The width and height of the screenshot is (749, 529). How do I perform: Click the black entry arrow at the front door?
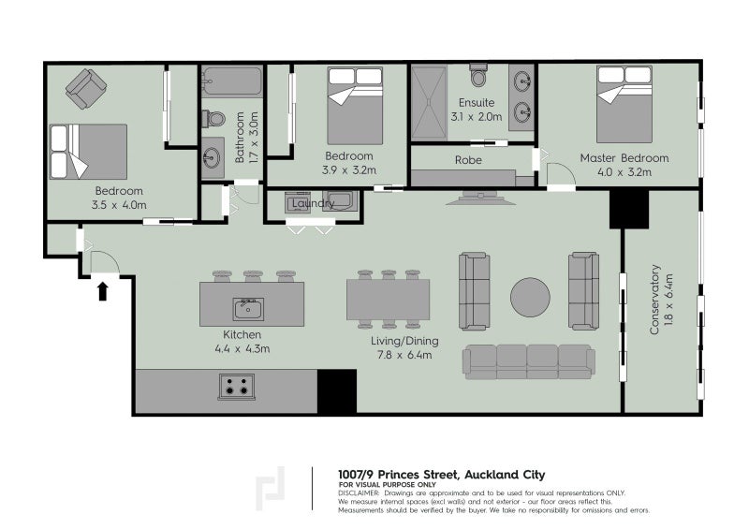point(102,291)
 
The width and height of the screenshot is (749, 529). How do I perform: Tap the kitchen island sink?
point(248,309)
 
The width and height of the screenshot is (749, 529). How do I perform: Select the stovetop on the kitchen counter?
point(237,386)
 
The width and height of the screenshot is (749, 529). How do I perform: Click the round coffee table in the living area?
point(530,297)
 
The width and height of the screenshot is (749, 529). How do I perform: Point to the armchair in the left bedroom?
point(86,89)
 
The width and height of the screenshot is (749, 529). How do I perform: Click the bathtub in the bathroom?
point(232,81)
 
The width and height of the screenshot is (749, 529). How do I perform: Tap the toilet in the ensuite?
point(478,75)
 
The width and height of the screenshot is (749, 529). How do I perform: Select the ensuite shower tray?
point(429,103)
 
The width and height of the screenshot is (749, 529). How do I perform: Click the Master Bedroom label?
point(624,158)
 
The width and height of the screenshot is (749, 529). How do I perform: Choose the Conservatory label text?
point(654,300)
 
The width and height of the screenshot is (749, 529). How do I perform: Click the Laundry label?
point(313,203)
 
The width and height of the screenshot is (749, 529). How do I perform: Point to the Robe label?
point(468,160)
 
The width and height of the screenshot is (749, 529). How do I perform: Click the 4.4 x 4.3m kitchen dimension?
point(242,349)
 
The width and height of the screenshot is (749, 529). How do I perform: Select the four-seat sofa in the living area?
point(529,361)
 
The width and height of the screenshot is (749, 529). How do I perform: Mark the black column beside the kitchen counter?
point(337,390)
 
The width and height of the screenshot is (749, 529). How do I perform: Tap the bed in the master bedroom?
point(624,104)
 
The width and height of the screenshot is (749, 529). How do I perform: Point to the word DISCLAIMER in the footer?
point(359,493)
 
